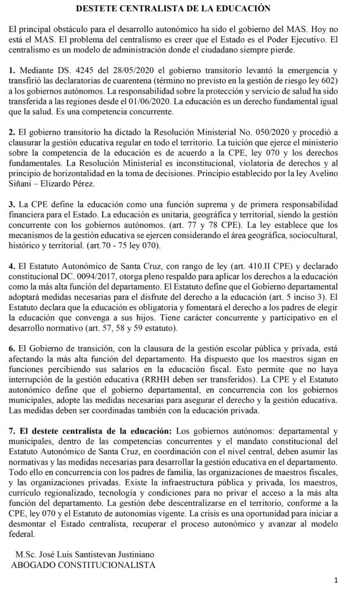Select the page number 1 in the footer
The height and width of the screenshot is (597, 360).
(337, 581)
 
